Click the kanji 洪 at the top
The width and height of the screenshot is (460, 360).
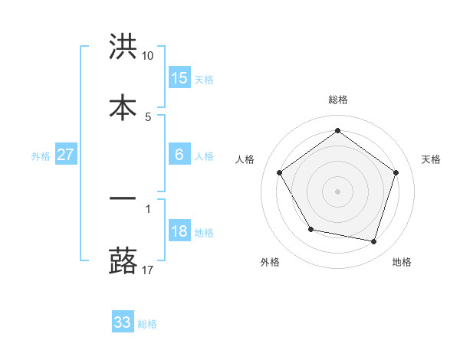123,47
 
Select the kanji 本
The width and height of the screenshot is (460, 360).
123,106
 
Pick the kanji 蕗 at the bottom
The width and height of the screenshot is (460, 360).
123,260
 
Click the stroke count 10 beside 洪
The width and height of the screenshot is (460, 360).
148,56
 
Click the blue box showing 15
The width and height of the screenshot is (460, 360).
179,77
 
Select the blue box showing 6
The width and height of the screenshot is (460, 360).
179,155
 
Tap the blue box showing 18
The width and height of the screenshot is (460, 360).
179,231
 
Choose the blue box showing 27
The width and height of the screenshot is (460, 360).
66,155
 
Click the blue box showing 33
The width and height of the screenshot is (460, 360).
123,322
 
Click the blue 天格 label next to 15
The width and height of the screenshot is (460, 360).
204,79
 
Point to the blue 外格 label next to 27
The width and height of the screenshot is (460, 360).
41,156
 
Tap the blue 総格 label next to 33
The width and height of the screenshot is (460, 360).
147,324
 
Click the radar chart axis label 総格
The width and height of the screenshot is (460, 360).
338,100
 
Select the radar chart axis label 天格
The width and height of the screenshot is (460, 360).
432,159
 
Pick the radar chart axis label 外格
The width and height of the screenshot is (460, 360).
270,263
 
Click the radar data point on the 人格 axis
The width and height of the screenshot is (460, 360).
280,172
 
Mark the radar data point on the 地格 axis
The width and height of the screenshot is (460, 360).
373,241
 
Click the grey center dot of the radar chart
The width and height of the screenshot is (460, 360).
338,191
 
